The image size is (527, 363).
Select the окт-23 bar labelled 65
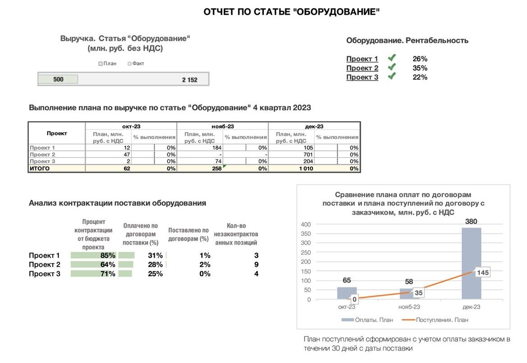tap(347, 293)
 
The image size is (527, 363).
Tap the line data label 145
tap(482, 273)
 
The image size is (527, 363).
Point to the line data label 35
tap(418, 292)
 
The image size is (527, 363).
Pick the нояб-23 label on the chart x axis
tap(409, 307)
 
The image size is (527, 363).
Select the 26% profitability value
tap(420, 59)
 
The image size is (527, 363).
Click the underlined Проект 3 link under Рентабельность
tap(362, 77)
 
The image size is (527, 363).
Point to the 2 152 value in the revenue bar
tap(190, 80)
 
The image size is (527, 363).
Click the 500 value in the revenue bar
tap(58, 80)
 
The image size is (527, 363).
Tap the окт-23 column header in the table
tap(131, 127)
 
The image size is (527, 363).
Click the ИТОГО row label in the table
tap(40, 169)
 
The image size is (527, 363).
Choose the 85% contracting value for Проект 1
tap(109, 255)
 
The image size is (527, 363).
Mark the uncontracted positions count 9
tap(256, 264)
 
